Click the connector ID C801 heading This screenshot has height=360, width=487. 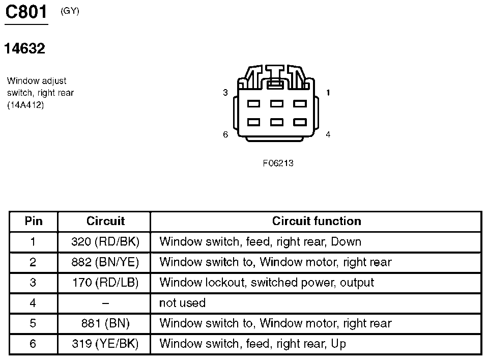pyautogui.click(x=26, y=12)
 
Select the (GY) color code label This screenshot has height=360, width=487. pyautogui.click(x=70, y=11)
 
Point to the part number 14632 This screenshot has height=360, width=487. pyautogui.click(x=24, y=48)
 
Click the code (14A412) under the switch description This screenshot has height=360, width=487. pyautogui.click(x=25, y=105)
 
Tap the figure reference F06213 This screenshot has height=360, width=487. pyautogui.click(x=278, y=163)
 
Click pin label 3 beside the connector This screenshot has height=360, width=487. pyautogui.click(x=225, y=93)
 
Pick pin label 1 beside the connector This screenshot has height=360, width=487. pyautogui.click(x=328, y=93)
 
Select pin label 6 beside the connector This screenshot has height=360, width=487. pyautogui.click(x=225, y=134)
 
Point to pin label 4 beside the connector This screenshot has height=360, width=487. pyautogui.click(x=328, y=134)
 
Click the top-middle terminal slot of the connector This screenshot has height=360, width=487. pyautogui.click(x=277, y=103)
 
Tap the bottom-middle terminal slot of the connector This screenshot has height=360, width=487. pyautogui.click(x=277, y=122)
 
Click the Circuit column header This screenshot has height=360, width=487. pyautogui.click(x=106, y=220)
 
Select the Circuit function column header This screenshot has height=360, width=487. pyautogui.click(x=317, y=220)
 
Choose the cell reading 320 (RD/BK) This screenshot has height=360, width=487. pyautogui.click(x=105, y=241)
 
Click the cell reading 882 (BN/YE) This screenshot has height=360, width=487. pyautogui.click(x=105, y=262)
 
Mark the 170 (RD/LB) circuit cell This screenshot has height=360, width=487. pyautogui.click(x=105, y=282)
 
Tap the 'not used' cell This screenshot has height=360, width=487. pyautogui.click(x=182, y=303)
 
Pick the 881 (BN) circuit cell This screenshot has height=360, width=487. pyautogui.click(x=105, y=323)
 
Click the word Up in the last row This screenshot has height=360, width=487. pyautogui.click(x=338, y=344)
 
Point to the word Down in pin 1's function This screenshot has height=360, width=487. pyautogui.click(x=346, y=241)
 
